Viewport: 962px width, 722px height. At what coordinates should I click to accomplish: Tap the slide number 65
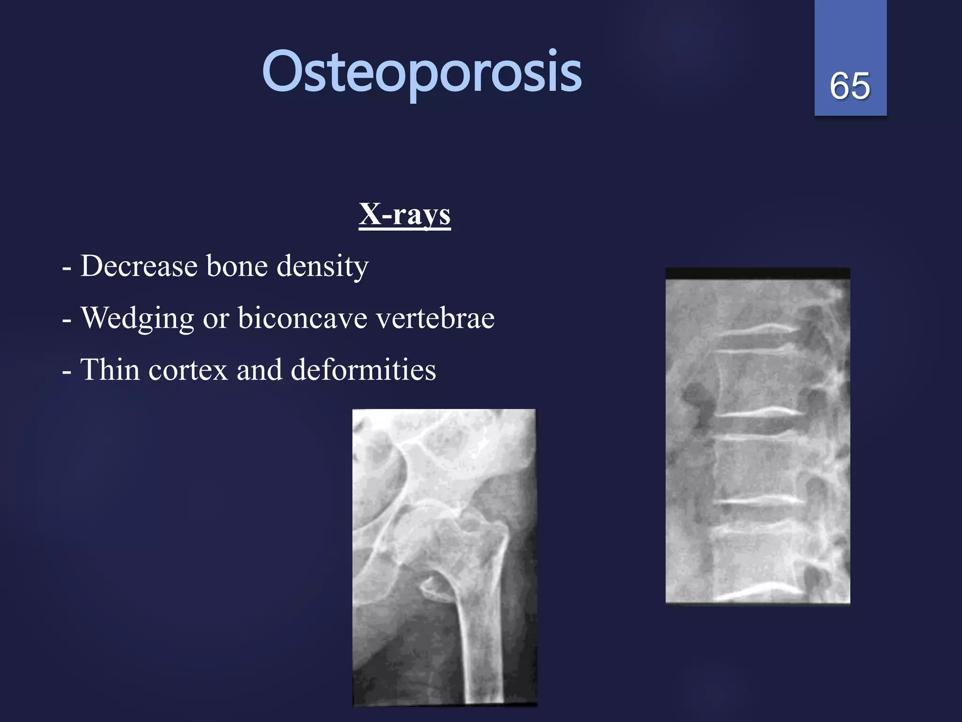(x=850, y=86)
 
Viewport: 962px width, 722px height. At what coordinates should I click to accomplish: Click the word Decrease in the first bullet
(x=139, y=266)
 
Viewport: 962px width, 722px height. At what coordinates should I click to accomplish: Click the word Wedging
(x=137, y=319)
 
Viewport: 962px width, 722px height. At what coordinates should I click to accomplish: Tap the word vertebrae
(x=435, y=318)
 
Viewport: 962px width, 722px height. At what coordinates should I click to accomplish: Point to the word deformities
(x=363, y=369)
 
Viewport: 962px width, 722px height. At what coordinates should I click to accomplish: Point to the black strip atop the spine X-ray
(x=757, y=273)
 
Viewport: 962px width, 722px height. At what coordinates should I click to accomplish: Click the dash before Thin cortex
(x=67, y=371)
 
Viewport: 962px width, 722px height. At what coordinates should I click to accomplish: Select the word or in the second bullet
(x=216, y=319)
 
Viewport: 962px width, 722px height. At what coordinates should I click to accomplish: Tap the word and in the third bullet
(x=259, y=369)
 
